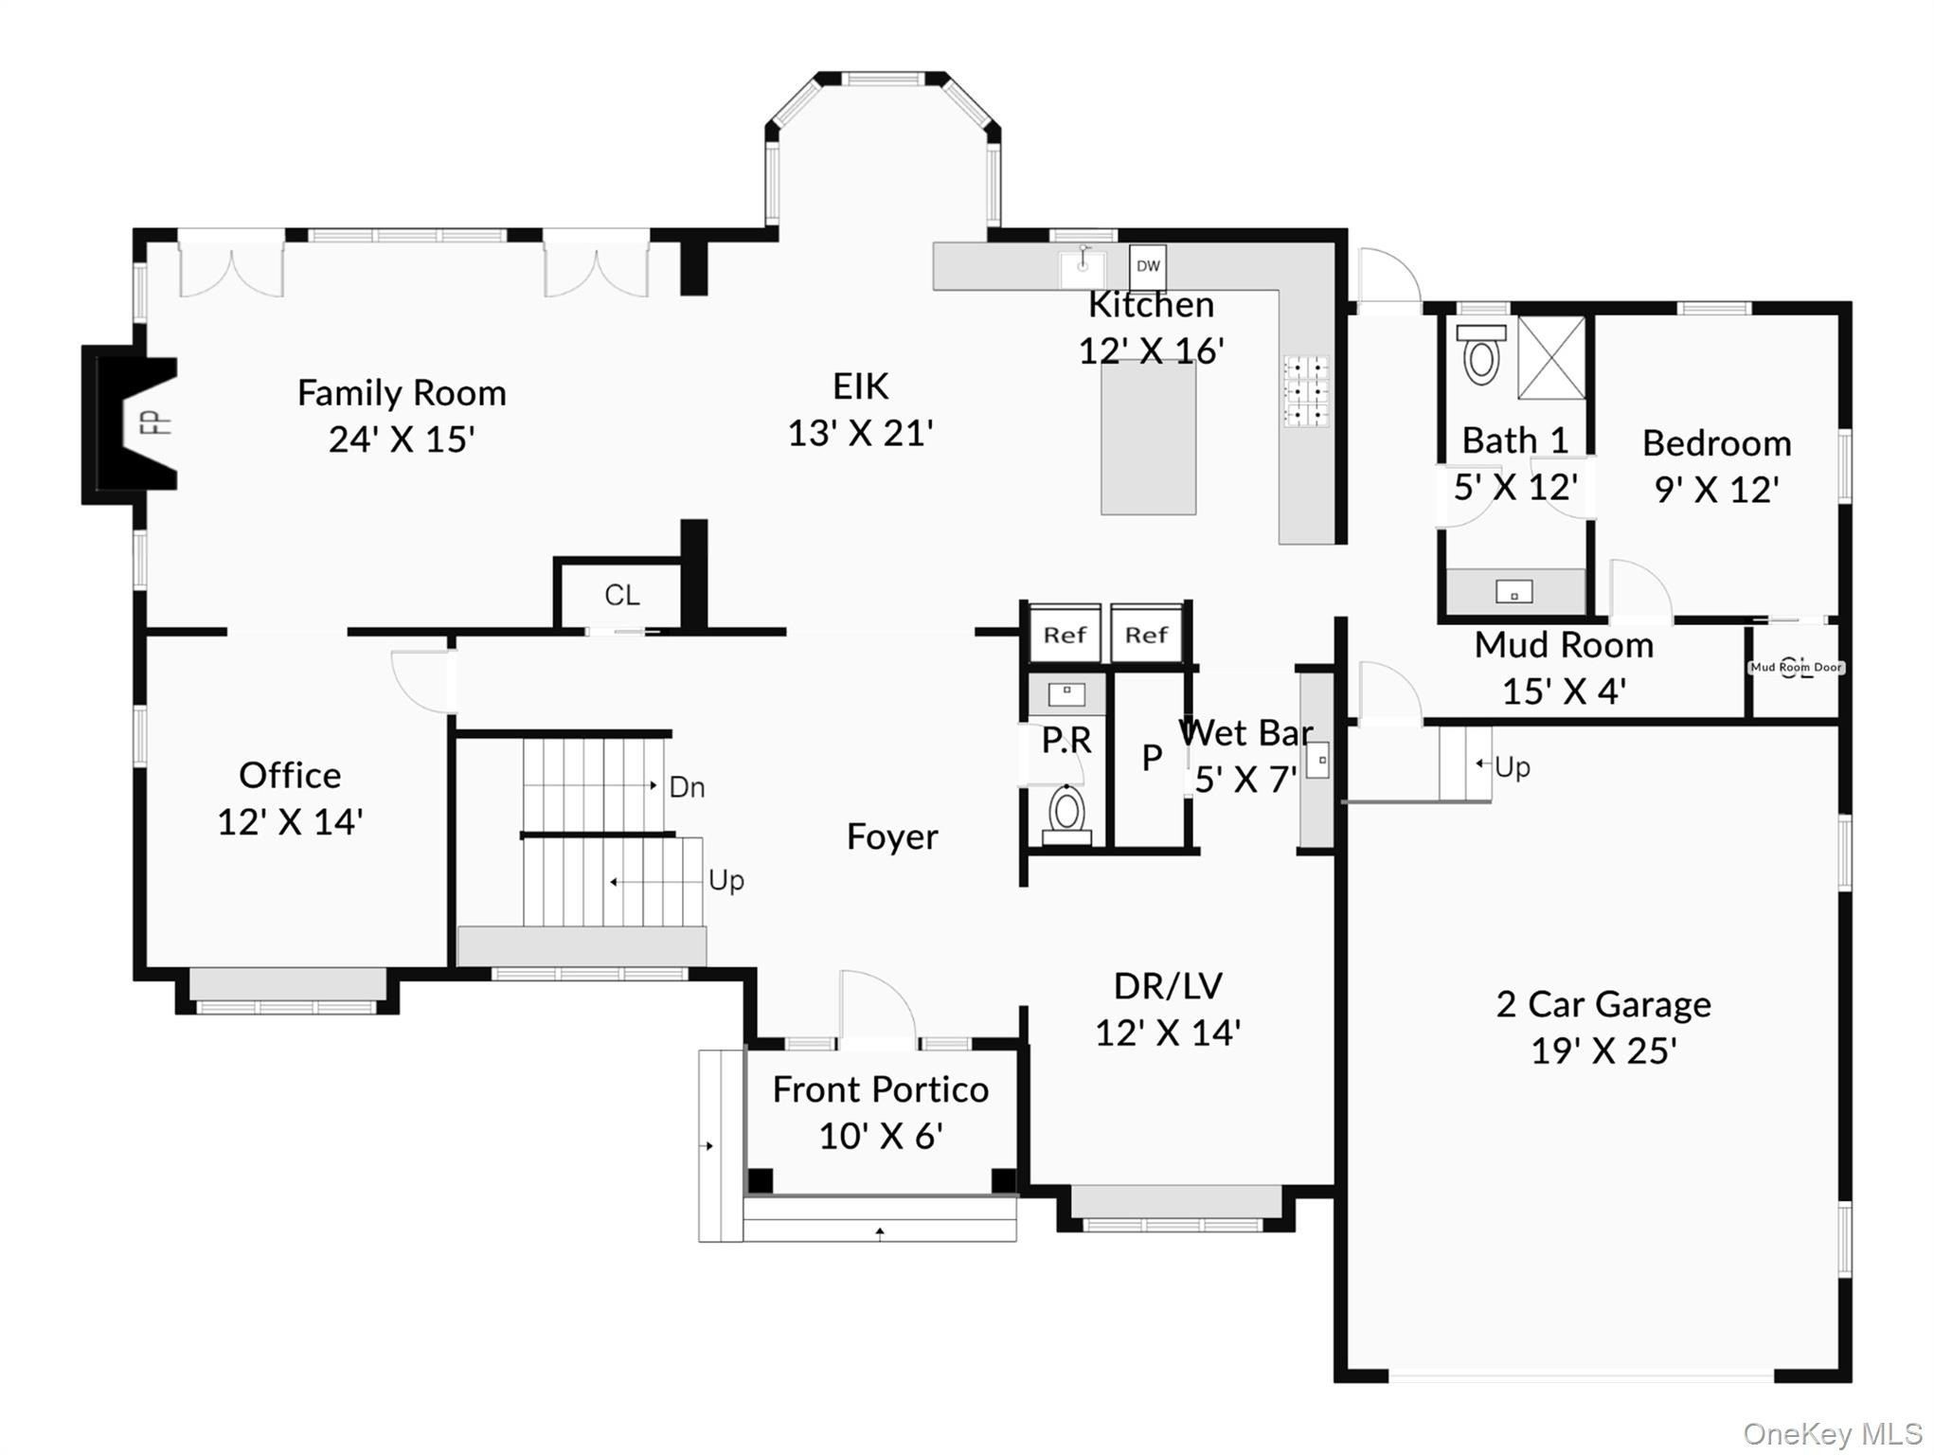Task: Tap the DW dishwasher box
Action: [1147, 266]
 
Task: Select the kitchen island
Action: [1147, 438]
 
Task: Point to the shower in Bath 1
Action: [1550, 358]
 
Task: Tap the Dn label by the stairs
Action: [687, 787]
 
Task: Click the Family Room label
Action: [402, 393]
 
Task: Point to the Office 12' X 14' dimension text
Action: [290, 822]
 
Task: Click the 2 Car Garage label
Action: [1603, 1004]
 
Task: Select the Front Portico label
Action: [880, 1089]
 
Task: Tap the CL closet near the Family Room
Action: [621, 595]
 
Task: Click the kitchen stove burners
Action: [1306, 390]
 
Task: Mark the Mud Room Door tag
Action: [1795, 668]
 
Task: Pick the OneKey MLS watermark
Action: [1832, 1434]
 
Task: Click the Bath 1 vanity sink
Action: [1513, 594]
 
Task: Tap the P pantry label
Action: [1151, 758]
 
